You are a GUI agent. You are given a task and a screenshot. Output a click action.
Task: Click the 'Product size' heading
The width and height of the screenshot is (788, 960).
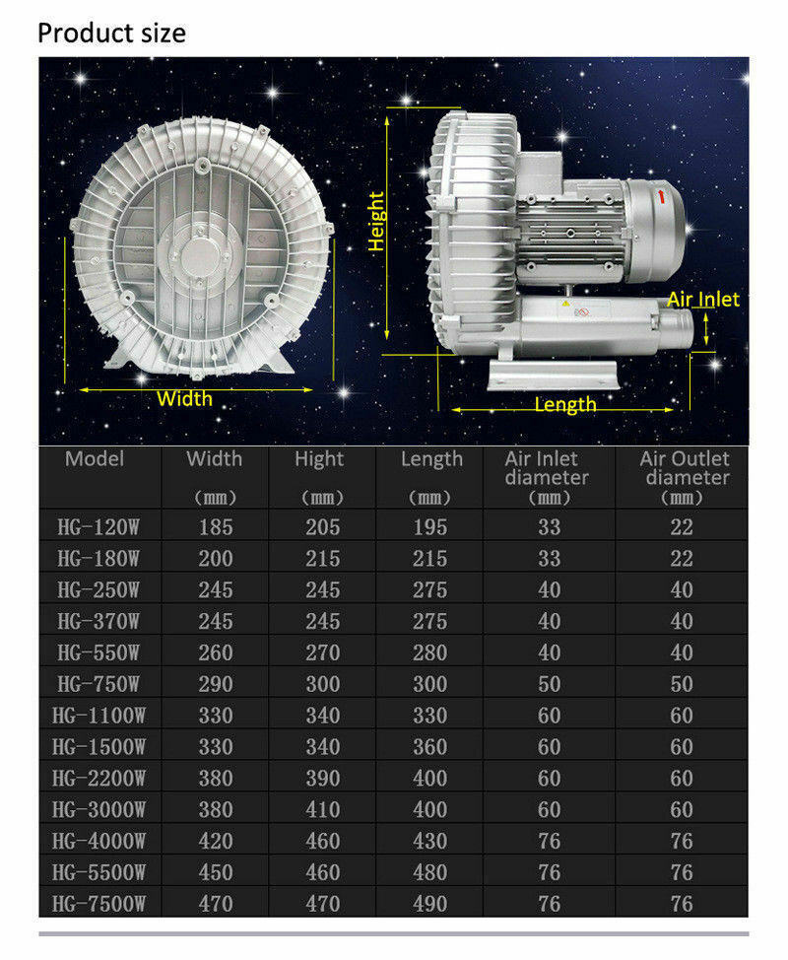[x=111, y=34]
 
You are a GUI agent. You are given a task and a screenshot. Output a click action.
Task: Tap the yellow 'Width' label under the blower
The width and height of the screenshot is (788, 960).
[x=184, y=398]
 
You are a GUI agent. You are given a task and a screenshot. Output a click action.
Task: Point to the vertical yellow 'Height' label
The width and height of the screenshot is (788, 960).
[x=376, y=221]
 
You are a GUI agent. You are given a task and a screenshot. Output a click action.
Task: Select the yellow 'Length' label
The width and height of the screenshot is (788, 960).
[x=564, y=404]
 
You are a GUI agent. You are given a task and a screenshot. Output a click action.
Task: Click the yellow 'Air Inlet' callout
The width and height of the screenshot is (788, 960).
[x=703, y=299]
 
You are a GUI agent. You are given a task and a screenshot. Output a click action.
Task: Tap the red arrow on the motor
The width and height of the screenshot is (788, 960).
[x=661, y=196]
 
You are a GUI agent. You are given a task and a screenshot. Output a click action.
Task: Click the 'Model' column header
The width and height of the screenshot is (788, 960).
[x=95, y=458]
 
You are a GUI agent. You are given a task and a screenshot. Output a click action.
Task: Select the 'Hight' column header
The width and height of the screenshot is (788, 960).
[x=319, y=459]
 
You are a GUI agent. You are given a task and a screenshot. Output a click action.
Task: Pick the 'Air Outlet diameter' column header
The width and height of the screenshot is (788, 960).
[x=685, y=468]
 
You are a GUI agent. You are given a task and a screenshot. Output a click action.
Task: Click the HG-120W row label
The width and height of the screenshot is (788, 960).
[x=98, y=527]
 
